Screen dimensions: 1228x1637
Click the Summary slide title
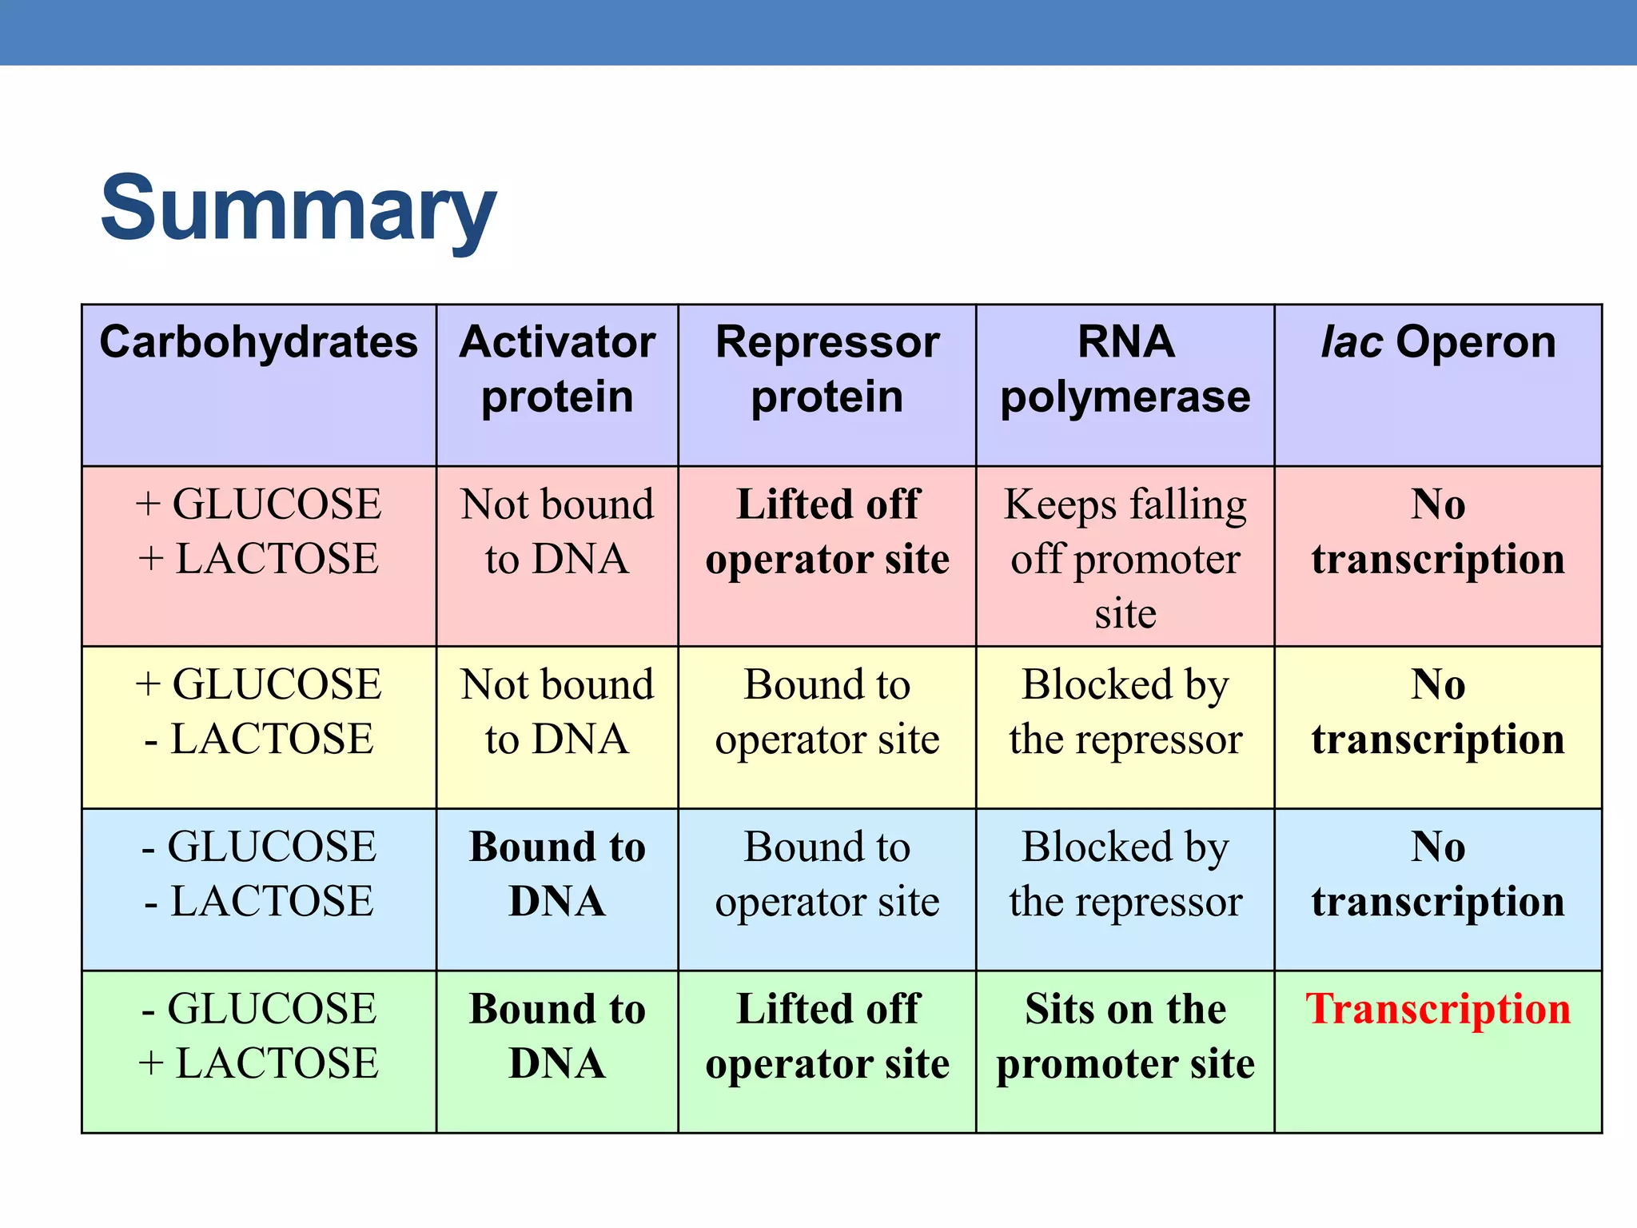(x=298, y=209)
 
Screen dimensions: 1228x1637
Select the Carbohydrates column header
(x=258, y=343)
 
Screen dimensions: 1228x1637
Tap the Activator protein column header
(x=557, y=369)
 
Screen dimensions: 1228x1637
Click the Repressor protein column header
(x=826, y=369)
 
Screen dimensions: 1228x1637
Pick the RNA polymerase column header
(x=1125, y=369)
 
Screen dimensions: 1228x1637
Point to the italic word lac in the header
(x=1351, y=343)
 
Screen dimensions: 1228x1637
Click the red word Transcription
(x=1438, y=1009)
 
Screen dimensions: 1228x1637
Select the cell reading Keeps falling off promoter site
(x=1125, y=558)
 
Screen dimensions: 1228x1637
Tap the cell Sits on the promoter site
(x=1125, y=1036)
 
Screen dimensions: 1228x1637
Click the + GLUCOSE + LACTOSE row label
(x=258, y=531)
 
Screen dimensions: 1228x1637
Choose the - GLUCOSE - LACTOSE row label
(x=258, y=874)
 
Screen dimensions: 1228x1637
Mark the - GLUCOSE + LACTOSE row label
(x=258, y=1036)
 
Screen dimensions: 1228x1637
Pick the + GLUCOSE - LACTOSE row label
(x=258, y=712)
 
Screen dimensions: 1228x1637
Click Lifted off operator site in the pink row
(x=826, y=531)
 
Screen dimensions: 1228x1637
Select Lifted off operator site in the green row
(x=826, y=1036)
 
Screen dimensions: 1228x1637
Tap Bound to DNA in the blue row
(x=557, y=874)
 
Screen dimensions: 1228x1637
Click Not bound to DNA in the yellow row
(x=557, y=712)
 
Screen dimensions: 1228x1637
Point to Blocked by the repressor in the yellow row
(x=1125, y=712)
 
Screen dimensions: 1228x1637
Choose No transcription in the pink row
(x=1438, y=531)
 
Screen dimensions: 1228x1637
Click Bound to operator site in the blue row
(x=826, y=874)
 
